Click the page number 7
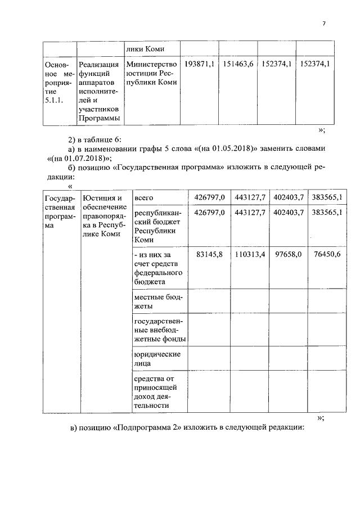click(x=324, y=23)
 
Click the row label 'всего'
click(x=143, y=197)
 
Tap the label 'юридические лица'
click(x=156, y=359)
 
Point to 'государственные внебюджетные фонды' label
click(x=160, y=330)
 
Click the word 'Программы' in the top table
click(x=99, y=118)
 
